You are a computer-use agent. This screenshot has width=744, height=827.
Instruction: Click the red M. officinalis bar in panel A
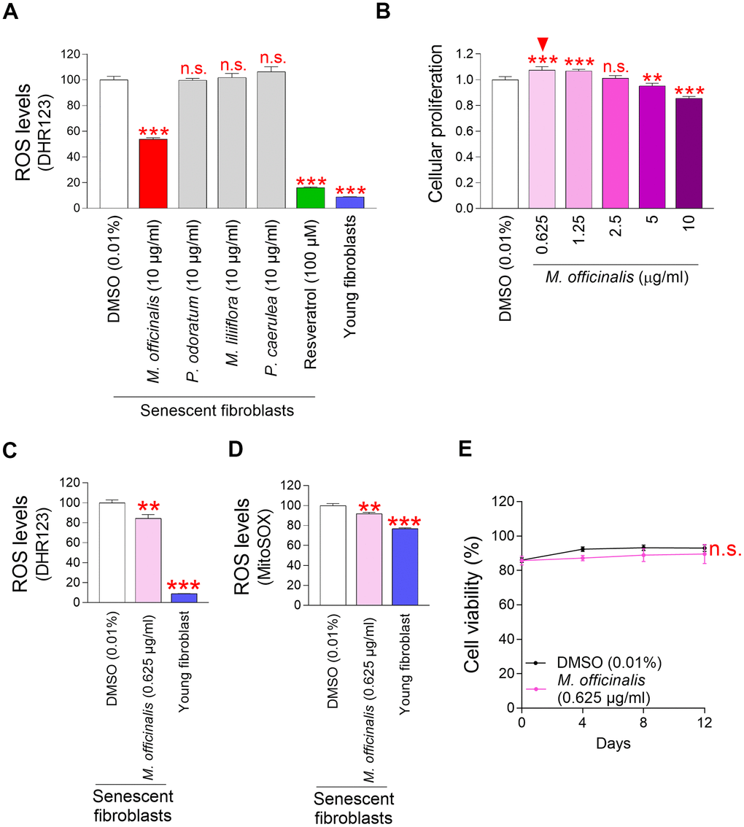coord(153,174)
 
